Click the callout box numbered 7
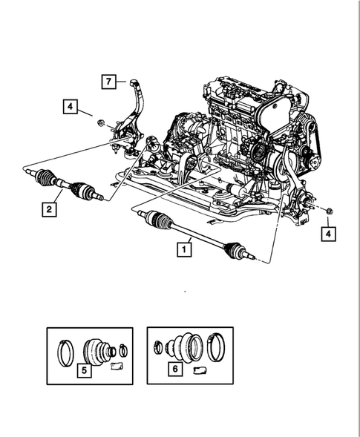[109, 82]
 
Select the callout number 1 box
[182, 250]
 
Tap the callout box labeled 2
[49, 210]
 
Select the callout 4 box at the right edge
[327, 234]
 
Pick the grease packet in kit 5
[116, 365]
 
